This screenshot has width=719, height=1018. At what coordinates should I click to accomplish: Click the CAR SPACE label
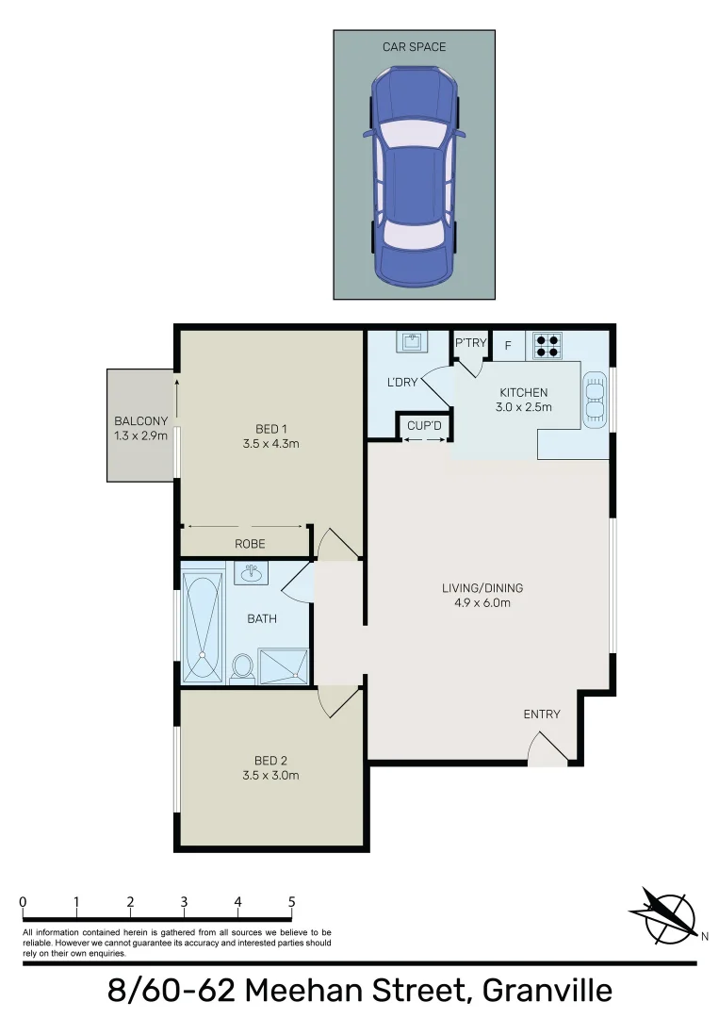(414, 47)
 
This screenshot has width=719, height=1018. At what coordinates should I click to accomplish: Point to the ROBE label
(251, 544)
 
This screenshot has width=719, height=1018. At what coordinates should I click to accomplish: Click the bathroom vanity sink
(251, 572)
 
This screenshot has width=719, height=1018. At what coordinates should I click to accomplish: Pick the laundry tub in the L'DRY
(412, 341)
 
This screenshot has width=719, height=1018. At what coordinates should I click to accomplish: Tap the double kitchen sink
(596, 401)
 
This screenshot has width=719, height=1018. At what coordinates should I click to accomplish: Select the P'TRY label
(470, 343)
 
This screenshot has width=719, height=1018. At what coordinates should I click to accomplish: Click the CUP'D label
(424, 426)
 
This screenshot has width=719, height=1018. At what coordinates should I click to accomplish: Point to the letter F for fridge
(508, 345)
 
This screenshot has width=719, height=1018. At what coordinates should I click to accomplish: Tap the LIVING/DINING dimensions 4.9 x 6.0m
(482, 603)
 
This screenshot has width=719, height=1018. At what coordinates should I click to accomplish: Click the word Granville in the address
(547, 991)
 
